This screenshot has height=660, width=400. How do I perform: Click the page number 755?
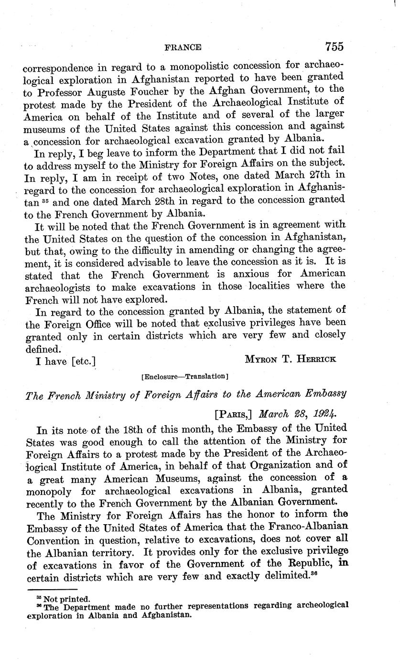335,47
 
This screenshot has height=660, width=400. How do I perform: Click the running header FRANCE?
183,47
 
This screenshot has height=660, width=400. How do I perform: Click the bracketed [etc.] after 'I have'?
83,360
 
